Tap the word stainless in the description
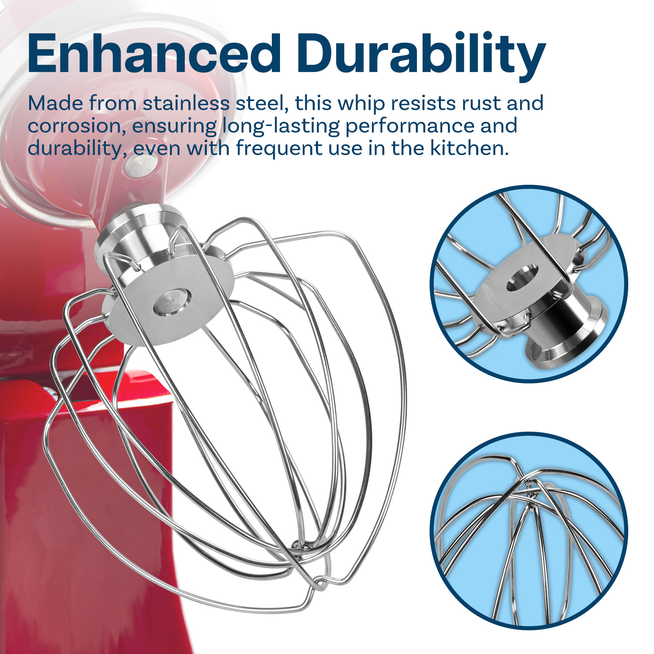point(186,103)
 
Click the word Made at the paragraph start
point(56,103)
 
